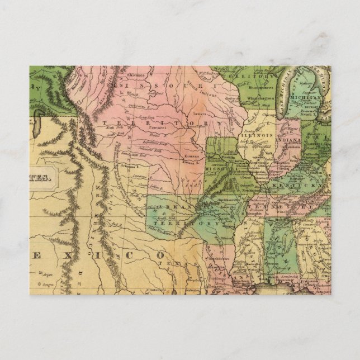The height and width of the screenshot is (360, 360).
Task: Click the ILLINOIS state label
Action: pos(253,135)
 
